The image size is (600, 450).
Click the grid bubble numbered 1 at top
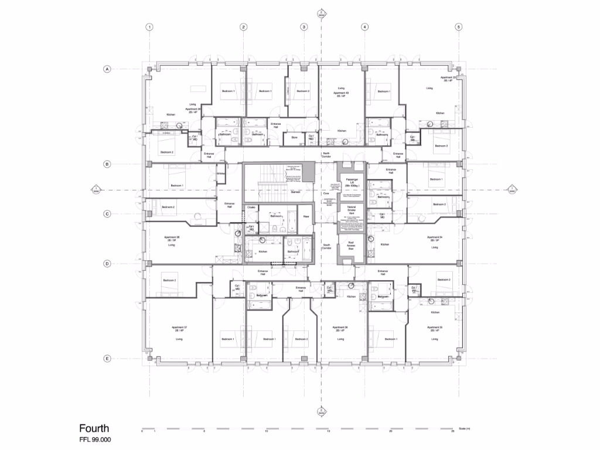coord(150,27)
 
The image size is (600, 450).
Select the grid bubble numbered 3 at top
coord(304,27)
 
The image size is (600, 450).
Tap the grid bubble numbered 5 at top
coord(459,27)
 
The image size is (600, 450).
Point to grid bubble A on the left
coord(107,69)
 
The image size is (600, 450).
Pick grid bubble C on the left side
coord(107,214)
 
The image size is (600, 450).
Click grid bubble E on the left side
coord(107,359)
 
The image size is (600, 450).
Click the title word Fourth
coord(94,429)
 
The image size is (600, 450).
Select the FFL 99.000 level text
coord(95,439)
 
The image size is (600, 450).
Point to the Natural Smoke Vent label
coord(352,210)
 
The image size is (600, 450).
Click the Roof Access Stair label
coord(352,246)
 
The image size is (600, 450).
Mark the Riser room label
coord(305,216)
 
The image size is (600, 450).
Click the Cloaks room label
coord(251,207)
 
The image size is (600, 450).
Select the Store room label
coord(294,138)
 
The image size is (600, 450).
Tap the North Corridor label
coord(326,155)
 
